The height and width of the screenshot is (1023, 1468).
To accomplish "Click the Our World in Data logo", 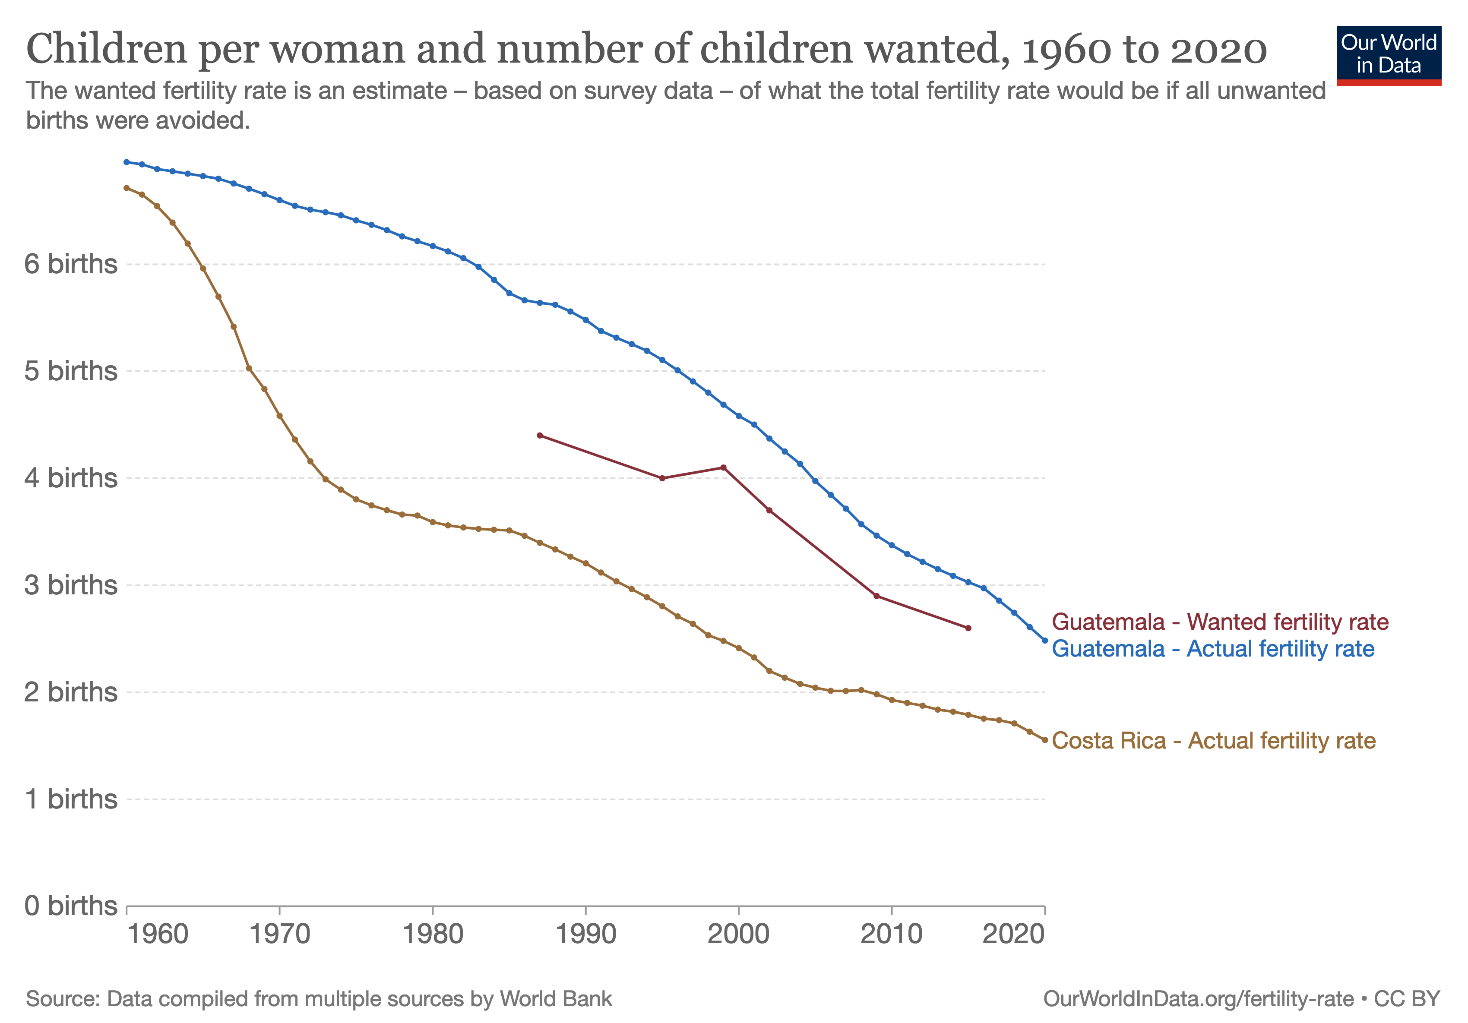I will (1388, 55).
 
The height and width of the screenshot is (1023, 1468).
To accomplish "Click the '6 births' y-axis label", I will (71, 264).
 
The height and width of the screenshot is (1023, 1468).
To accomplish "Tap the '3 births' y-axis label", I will (71, 585).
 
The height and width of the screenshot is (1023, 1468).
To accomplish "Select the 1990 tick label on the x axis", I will (585, 934).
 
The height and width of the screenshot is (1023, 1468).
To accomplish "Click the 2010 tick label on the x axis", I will (891, 934).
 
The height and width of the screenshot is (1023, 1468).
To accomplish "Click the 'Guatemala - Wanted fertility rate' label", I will (1220, 622).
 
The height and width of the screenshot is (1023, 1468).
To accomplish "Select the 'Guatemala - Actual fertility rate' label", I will (1213, 648).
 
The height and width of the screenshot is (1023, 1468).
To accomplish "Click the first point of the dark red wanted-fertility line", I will (540, 436).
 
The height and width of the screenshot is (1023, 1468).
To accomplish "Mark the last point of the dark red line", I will (968, 628).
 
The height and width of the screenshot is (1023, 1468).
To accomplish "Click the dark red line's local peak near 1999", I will (723, 467).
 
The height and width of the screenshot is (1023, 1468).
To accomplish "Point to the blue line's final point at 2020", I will (1045, 640).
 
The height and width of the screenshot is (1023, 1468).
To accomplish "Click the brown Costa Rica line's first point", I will (127, 188).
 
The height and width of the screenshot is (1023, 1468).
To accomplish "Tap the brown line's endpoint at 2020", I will (1045, 740).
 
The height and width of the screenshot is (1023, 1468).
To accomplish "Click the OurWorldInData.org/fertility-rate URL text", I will (1198, 999).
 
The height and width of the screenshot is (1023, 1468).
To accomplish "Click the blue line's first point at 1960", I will (127, 162).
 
